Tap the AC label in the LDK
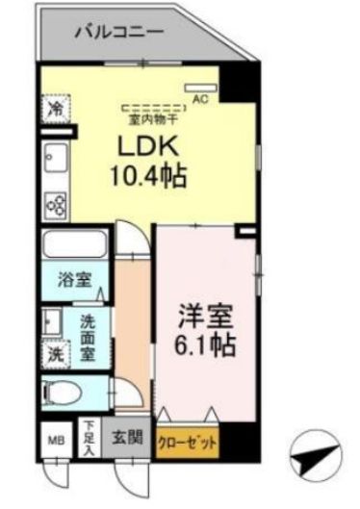pyautogui.click(x=201, y=97)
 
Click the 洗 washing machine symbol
pyautogui.click(x=55, y=354)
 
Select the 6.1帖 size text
pyautogui.click(x=205, y=344)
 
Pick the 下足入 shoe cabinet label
pyautogui.click(x=87, y=437)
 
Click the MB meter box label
pyautogui.click(x=55, y=444)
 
